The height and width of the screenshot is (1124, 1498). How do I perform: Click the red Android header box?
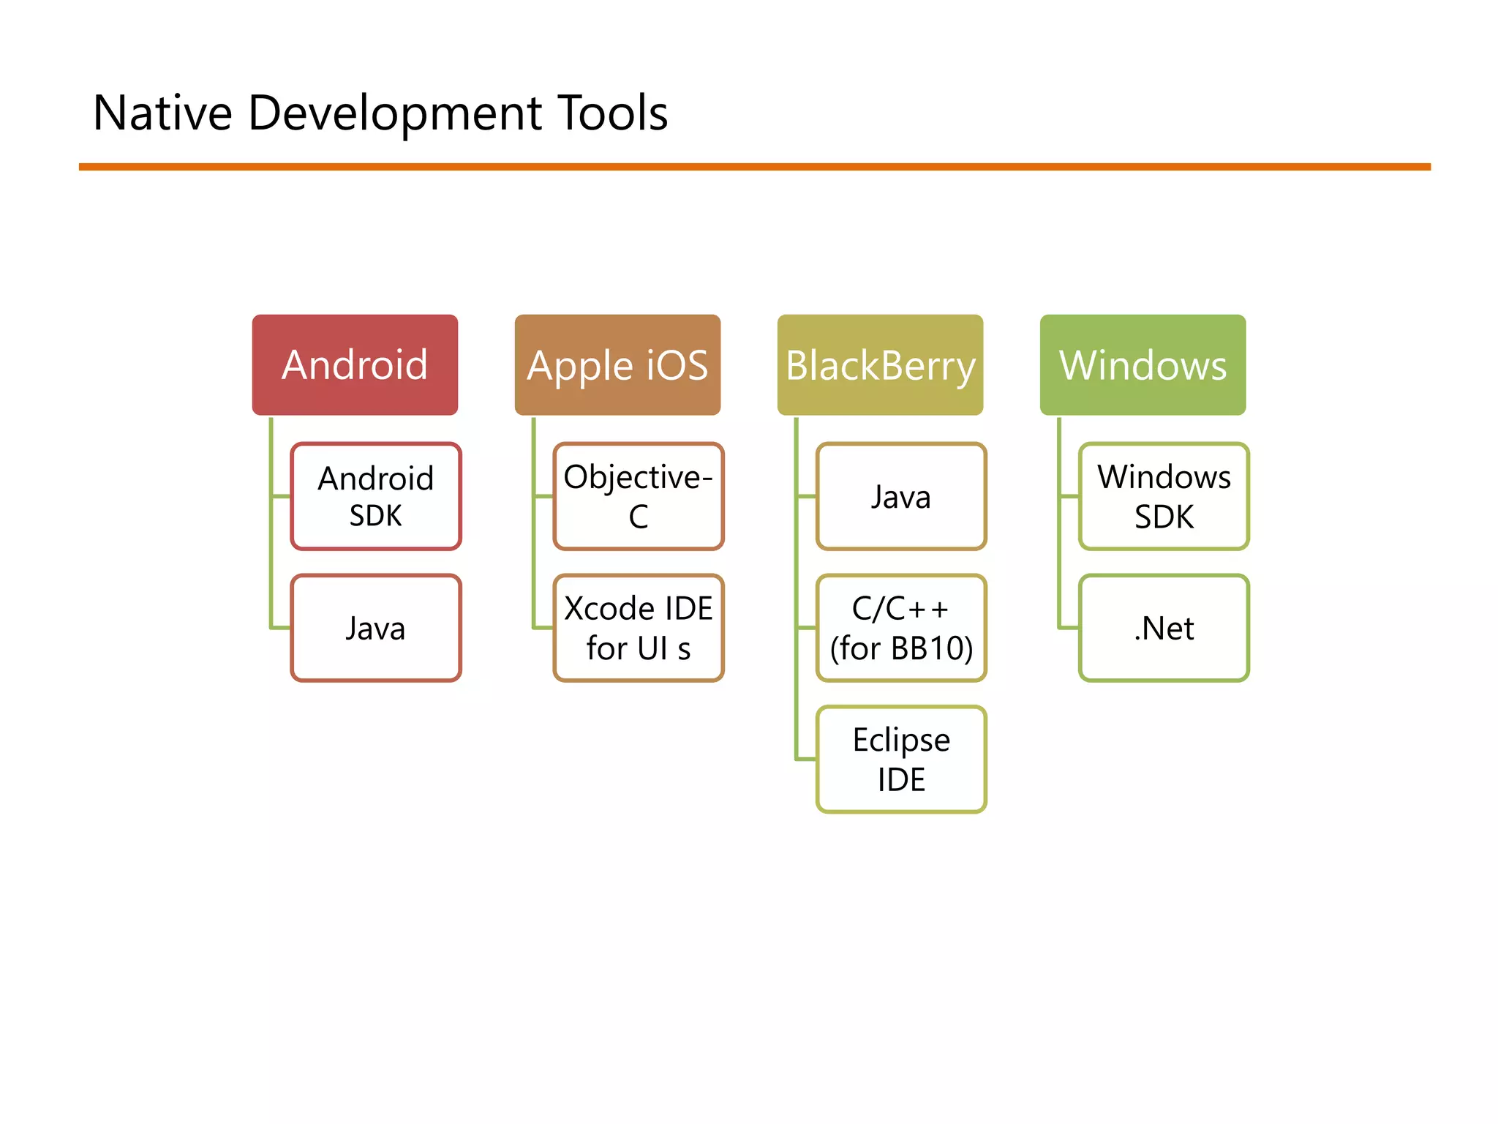click(355, 364)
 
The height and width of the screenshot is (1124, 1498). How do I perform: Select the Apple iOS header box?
click(617, 364)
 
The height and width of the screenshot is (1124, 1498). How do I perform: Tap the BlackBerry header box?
click(880, 364)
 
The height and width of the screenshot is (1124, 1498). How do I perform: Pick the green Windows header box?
click(1143, 364)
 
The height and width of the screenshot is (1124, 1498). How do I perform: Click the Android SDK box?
click(376, 496)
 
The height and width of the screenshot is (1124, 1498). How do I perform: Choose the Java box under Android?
click(376, 628)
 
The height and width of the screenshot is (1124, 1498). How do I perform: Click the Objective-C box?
click(639, 496)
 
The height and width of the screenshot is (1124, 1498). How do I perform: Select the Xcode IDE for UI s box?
click(639, 628)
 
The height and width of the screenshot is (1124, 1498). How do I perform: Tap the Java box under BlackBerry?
click(901, 496)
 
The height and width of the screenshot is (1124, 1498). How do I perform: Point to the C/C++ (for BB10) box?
click(901, 628)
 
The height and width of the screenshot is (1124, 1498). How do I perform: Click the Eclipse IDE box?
click(901, 759)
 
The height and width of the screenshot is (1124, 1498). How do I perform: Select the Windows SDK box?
click(1164, 496)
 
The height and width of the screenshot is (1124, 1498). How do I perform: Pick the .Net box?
click(1164, 628)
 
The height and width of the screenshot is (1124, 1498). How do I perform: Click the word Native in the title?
click(162, 113)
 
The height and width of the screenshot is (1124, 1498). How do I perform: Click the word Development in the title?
click(395, 113)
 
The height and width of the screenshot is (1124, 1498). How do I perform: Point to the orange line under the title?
click(753, 167)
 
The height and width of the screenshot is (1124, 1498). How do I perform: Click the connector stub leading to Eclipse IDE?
click(806, 759)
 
